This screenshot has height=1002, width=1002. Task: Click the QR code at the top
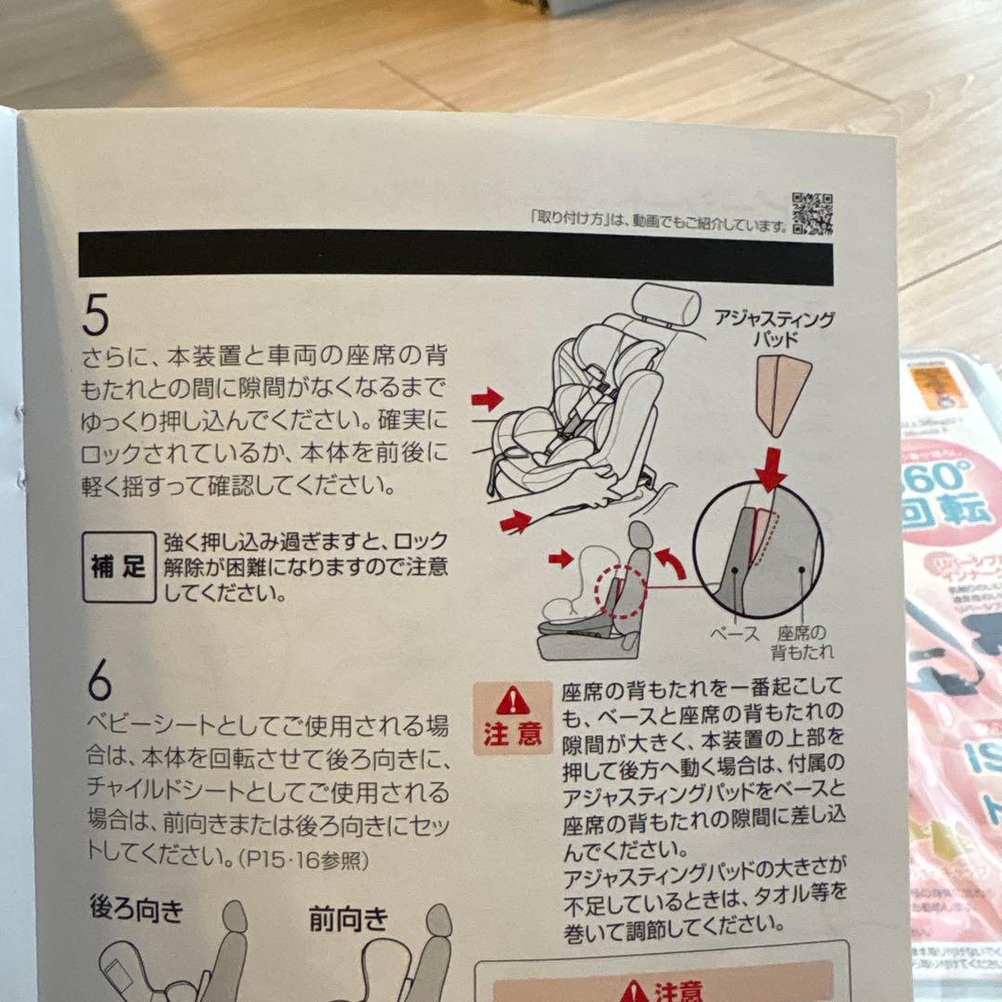pyautogui.click(x=812, y=214)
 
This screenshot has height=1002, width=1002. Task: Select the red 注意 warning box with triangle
pyautogui.click(x=512, y=717)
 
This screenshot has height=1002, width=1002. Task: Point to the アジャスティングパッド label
pyautogui.click(x=774, y=328)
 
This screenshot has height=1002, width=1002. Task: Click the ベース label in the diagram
pyautogui.click(x=734, y=635)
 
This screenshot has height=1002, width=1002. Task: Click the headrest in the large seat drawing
pyautogui.click(x=666, y=305)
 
